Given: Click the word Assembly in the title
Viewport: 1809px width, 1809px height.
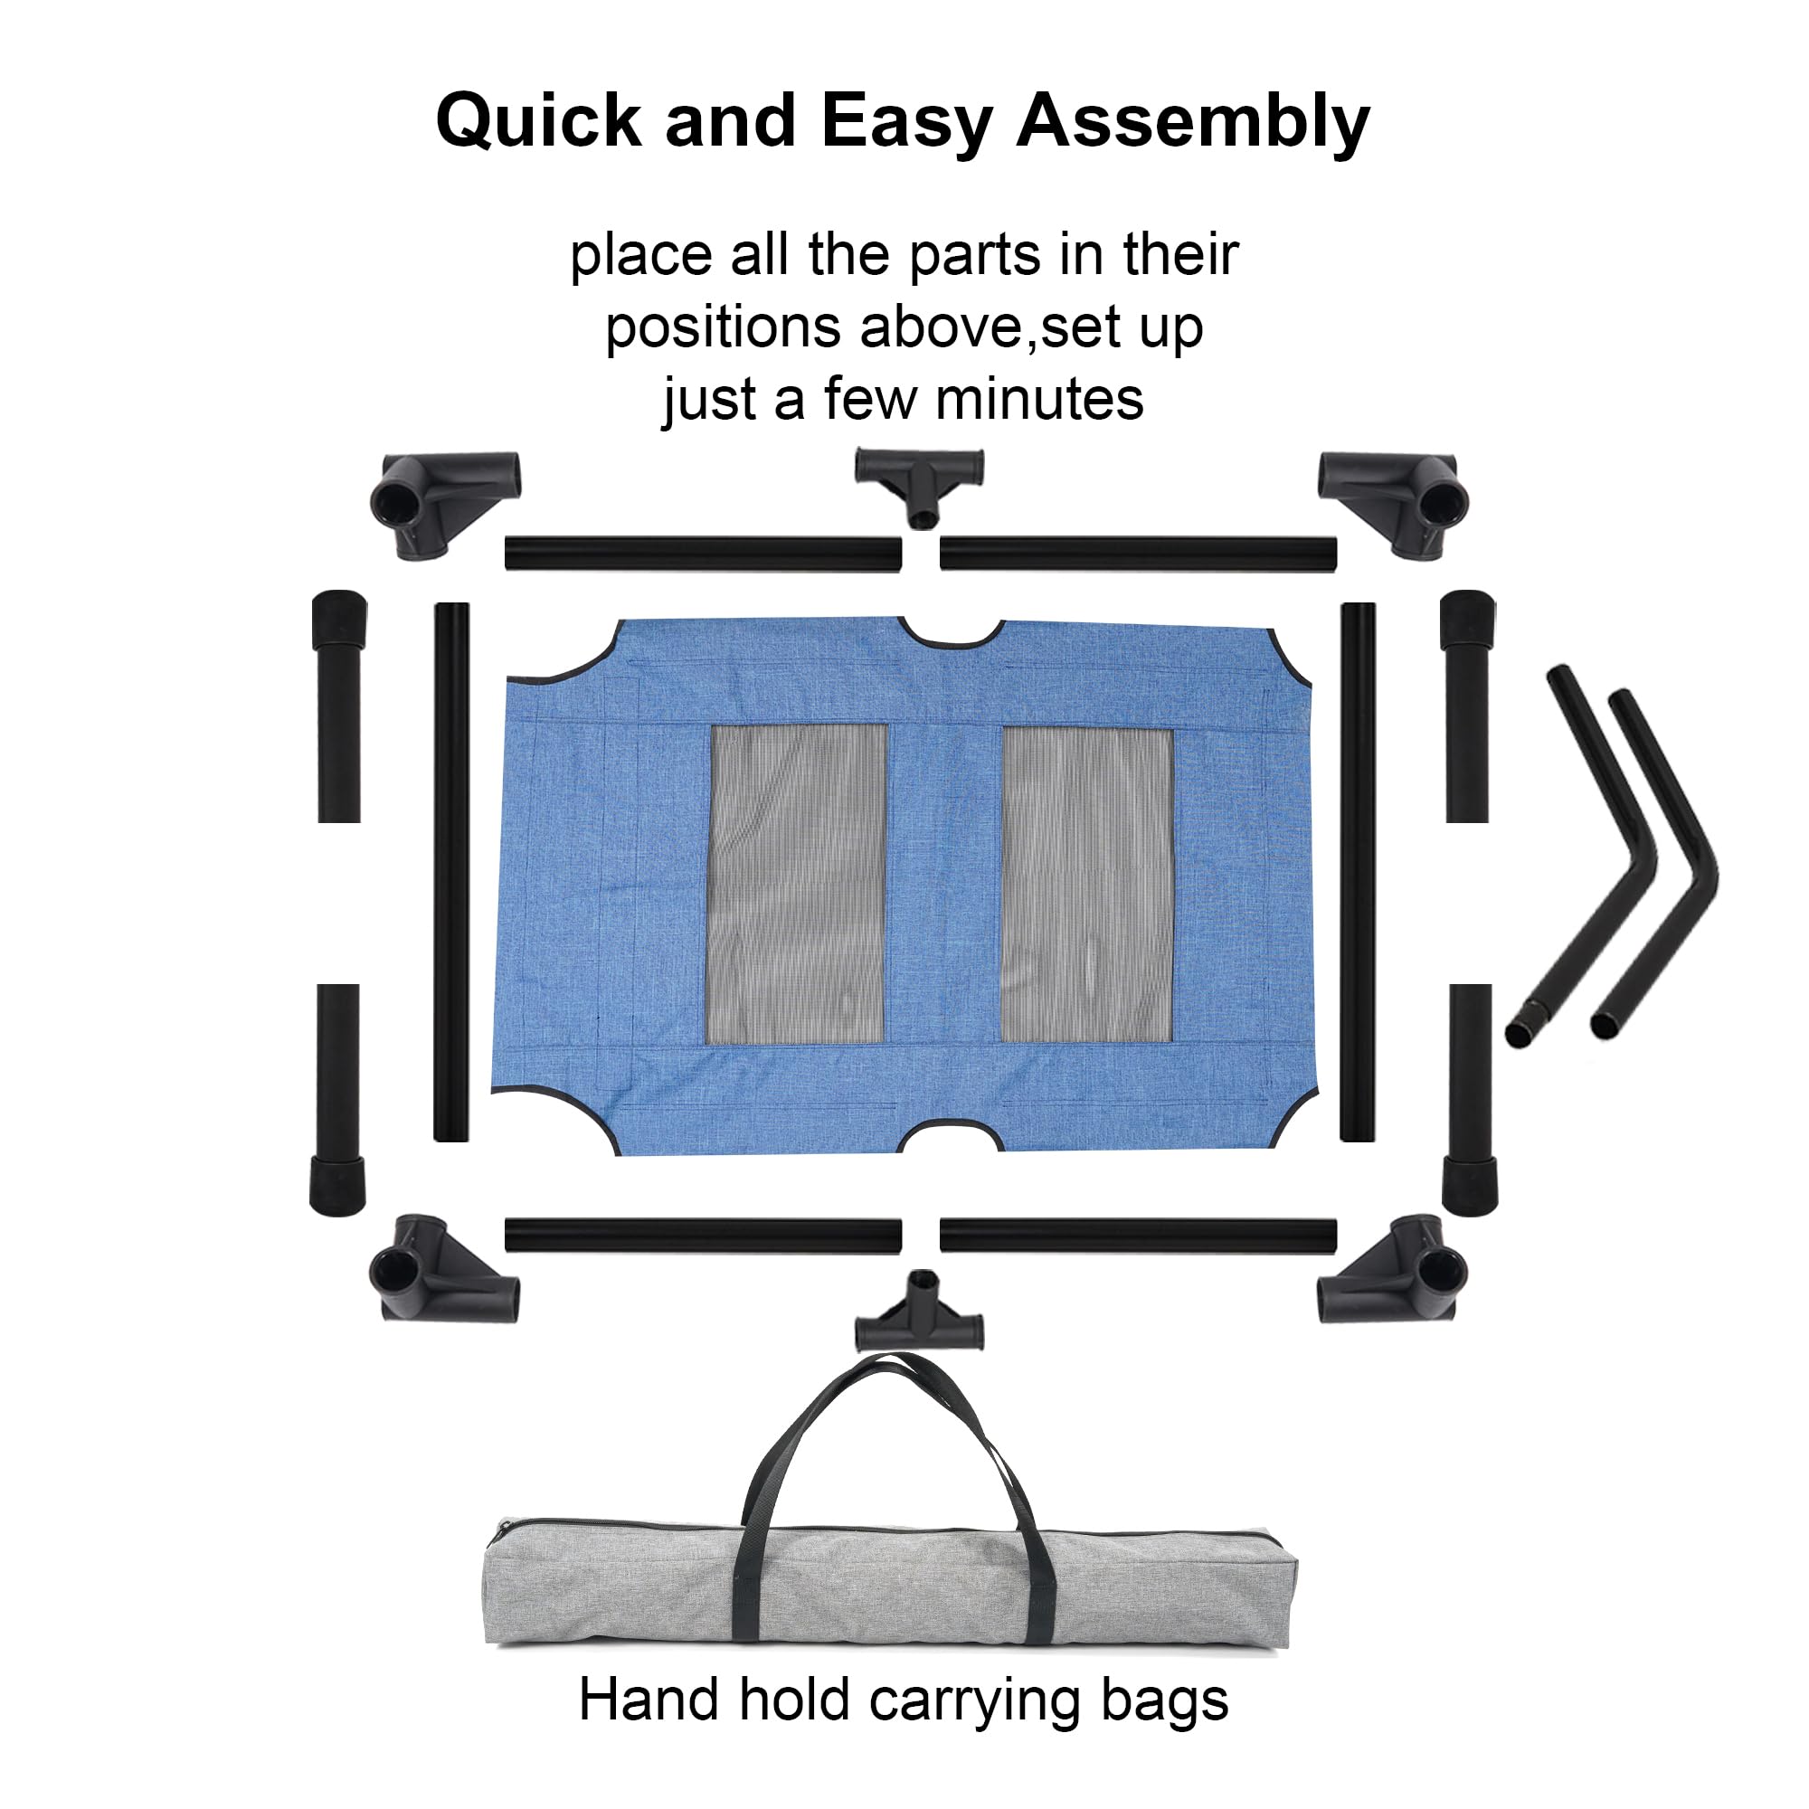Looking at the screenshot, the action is (x=1193, y=123).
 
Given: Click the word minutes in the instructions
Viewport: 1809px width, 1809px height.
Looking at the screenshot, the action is (x=1039, y=399).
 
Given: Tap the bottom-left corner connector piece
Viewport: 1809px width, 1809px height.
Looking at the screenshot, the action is (x=444, y=1269).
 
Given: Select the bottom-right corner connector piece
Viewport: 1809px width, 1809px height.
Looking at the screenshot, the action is (x=1393, y=1269).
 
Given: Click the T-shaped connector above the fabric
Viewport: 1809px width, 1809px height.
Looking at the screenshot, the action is (x=920, y=485).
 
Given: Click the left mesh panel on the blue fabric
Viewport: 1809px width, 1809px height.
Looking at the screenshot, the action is (x=798, y=883).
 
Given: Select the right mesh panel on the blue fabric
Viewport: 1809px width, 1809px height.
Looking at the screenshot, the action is (x=1087, y=883).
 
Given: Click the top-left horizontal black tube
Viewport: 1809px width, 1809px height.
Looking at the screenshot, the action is (x=703, y=554).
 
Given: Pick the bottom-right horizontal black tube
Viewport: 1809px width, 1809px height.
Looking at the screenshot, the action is (x=1139, y=1236).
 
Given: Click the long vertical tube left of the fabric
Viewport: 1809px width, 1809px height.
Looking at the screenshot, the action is (x=451, y=872).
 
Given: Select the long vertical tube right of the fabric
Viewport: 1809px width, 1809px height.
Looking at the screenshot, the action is (x=1358, y=872).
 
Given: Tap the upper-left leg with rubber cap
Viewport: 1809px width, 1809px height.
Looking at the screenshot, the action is (x=339, y=706).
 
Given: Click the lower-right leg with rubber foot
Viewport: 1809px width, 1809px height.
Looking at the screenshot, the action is (x=1469, y=1099).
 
